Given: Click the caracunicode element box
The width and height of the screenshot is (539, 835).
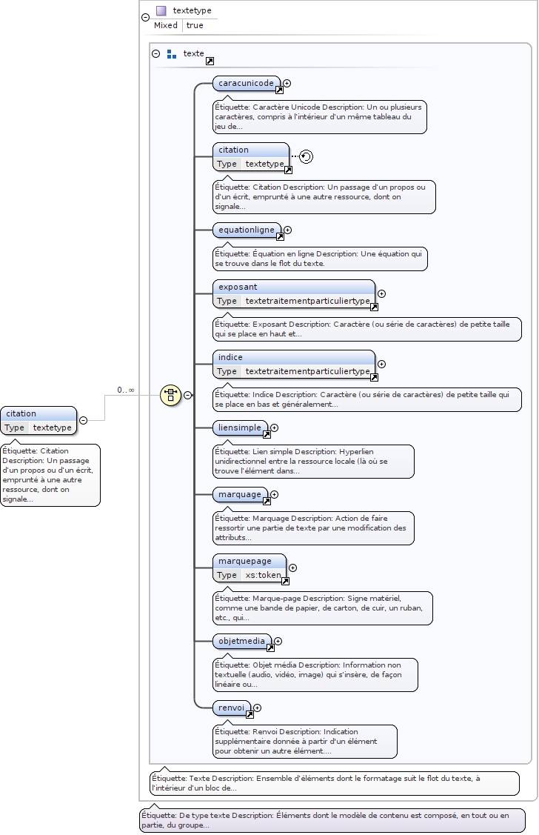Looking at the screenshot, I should [246, 83].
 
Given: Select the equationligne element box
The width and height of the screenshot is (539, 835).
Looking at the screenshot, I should [246, 230].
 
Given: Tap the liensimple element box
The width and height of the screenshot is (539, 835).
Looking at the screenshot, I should [239, 428].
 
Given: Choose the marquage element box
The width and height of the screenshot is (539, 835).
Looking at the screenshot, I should [239, 494].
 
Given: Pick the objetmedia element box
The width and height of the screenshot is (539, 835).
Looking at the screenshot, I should [241, 641].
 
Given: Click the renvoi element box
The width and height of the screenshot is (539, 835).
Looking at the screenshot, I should [231, 708].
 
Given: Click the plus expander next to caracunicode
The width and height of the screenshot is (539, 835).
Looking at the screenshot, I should [287, 84].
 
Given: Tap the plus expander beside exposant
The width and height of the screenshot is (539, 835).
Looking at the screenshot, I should [381, 294].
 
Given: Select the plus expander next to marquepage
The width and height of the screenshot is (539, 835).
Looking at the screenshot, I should [292, 568].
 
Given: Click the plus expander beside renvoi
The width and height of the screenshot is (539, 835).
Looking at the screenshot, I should [257, 708].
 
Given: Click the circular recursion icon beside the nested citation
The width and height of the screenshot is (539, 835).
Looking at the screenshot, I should [307, 156].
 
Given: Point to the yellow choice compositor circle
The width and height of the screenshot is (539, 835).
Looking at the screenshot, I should [170, 395].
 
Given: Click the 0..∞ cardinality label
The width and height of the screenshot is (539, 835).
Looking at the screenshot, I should [125, 390].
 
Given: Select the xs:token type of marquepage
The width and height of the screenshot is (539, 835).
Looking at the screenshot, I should [263, 575].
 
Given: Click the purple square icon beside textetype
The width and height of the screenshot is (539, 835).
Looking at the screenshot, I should [161, 10].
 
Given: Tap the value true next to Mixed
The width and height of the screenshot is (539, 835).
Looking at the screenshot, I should [195, 25].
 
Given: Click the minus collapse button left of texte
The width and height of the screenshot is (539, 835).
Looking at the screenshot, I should [155, 53].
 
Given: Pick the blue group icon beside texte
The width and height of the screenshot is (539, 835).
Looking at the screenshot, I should [172, 53].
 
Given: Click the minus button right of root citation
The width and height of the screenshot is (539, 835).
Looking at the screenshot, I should [83, 420].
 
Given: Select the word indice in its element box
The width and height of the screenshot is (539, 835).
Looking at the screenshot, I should [230, 357].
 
